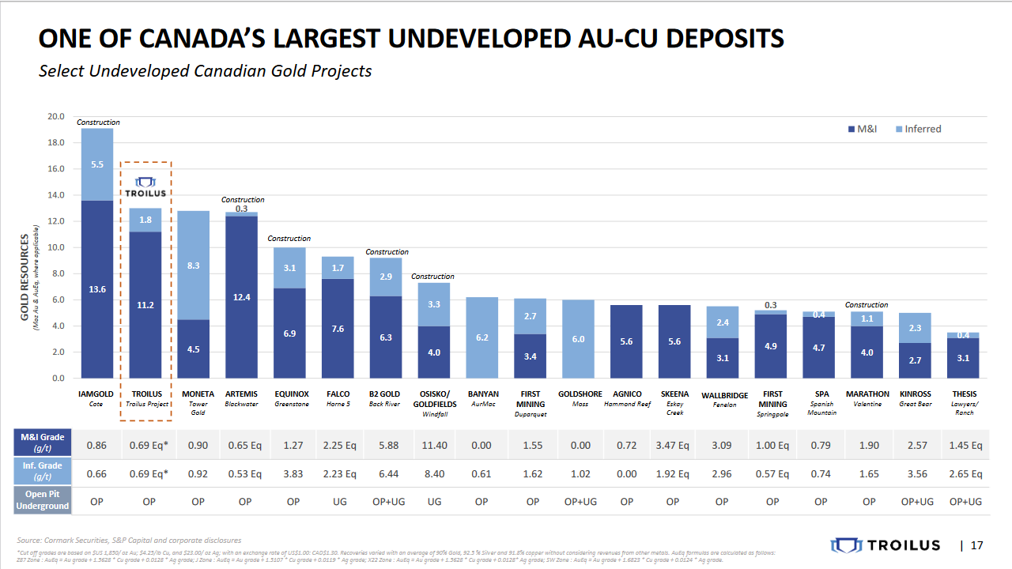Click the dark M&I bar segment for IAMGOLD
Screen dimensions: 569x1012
coord(97,289)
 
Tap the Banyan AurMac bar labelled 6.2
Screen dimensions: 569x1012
coord(482,337)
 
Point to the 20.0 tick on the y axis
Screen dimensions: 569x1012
coord(56,117)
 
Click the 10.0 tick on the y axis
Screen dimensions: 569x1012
coord(56,247)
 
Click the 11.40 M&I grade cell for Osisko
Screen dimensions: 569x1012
coord(435,446)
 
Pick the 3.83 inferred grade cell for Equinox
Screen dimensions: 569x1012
coord(293,474)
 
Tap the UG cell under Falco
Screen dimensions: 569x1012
coord(338,502)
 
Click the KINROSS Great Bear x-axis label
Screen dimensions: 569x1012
coord(916,398)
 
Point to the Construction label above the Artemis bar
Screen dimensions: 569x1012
coord(243,200)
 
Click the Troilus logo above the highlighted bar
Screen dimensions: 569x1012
coord(145,187)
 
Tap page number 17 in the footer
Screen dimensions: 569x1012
coord(977,545)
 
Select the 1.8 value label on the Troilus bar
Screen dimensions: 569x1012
coord(145,220)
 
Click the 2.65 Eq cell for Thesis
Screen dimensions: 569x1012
coord(965,474)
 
